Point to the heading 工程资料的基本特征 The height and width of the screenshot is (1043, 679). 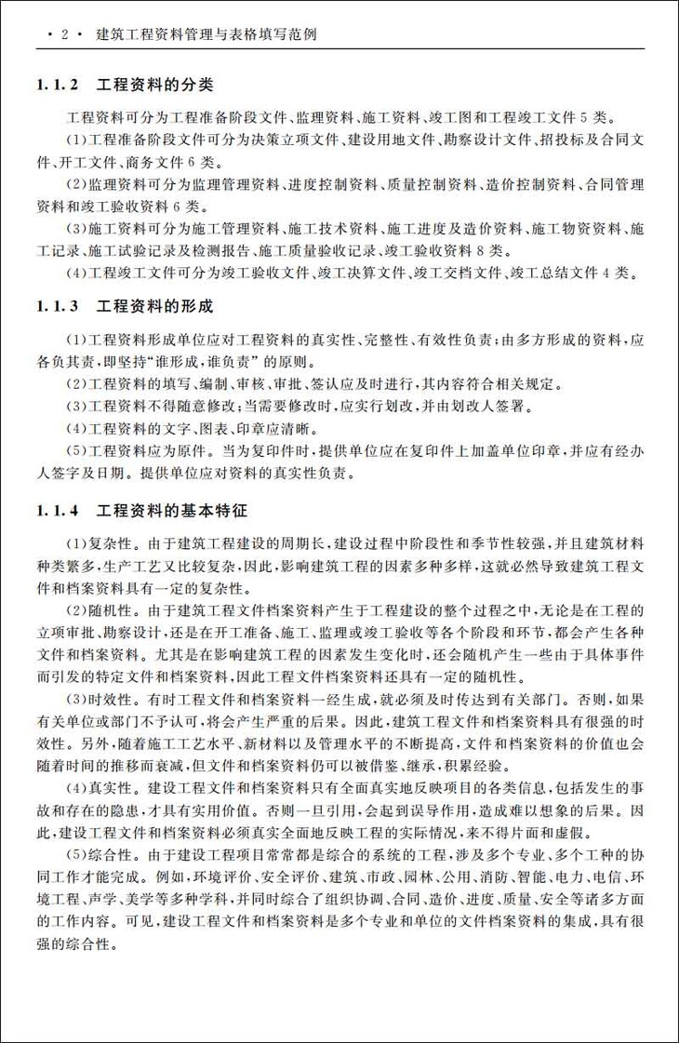point(171,510)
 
